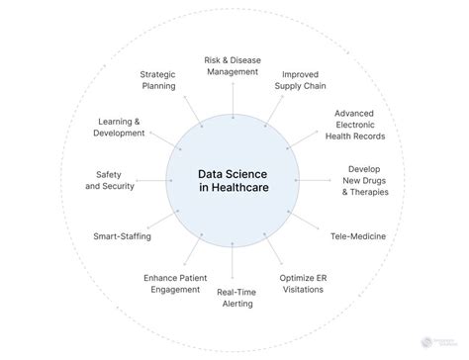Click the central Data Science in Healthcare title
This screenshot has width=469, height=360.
tap(233, 180)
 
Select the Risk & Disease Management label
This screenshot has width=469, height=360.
tap(233, 65)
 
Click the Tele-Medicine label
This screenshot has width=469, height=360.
tap(357, 236)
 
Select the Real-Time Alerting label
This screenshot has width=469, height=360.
tap(234, 298)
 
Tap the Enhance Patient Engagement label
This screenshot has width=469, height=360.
tap(175, 284)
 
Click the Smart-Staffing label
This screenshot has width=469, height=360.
tap(121, 236)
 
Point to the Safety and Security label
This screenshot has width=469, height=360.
tap(110, 180)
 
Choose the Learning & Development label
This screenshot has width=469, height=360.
tap(119, 127)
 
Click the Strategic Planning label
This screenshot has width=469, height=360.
tap(158, 79)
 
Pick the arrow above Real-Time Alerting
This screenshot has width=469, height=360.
tap(233, 267)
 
